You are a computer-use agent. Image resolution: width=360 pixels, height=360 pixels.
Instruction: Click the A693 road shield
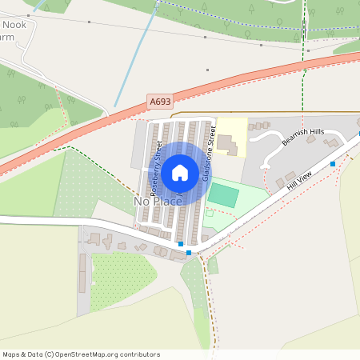[160, 102]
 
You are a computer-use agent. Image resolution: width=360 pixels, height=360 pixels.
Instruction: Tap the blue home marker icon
[180, 172]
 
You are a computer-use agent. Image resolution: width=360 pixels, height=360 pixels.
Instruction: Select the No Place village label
[157, 202]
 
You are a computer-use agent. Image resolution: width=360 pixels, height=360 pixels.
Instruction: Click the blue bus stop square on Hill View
[332, 163]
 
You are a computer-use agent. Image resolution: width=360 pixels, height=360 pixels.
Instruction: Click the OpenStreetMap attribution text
[81, 354]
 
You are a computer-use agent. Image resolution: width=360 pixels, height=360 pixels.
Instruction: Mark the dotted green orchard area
[120, 280]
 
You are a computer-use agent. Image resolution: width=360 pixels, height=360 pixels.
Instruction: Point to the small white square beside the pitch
[209, 213]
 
